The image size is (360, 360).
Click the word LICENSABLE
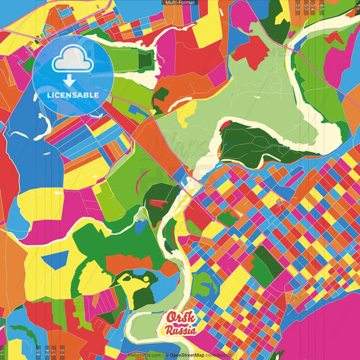[x=72, y=95]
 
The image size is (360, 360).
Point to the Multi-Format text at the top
[x=180, y=3]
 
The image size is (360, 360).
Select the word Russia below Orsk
[x=181, y=331]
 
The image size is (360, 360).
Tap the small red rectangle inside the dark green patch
[x=157, y=202]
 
